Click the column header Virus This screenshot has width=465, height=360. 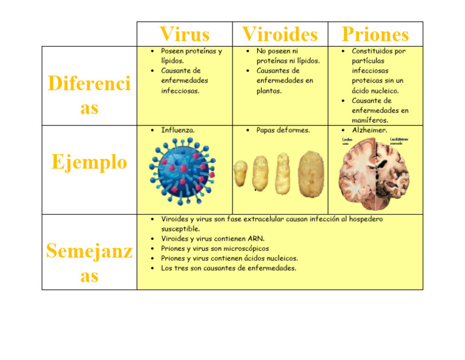tap(184, 34)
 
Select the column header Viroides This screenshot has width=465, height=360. tap(280, 34)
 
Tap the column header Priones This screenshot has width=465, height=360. tap(375, 34)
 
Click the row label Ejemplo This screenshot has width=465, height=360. tap(90, 162)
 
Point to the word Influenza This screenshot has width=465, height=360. tap(178, 130)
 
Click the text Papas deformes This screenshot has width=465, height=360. tap(283, 130)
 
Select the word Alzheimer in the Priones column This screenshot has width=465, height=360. tap(369, 130)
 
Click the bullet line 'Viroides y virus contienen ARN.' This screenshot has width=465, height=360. tap(213, 239)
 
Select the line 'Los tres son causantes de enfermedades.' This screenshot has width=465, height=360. tap(228, 268)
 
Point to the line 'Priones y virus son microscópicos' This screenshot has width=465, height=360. tap(215, 248)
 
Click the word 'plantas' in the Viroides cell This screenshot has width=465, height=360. tap(269, 91)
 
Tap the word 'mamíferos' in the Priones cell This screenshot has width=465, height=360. tap(369, 121)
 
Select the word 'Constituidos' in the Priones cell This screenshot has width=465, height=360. tap(372, 51)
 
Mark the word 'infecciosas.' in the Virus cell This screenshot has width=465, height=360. tap(180, 91)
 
